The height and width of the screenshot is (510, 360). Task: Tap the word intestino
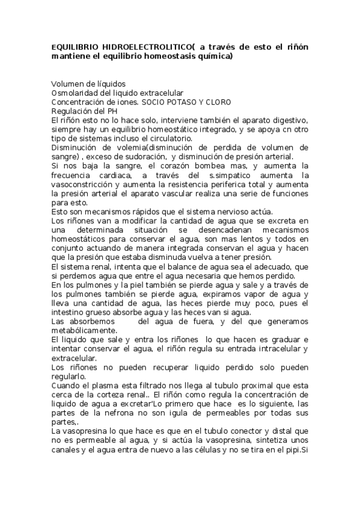[x=68, y=312]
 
